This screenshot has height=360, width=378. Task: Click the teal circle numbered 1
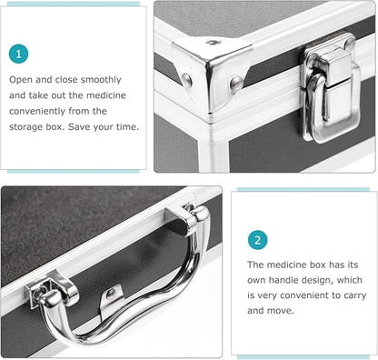(x=20, y=55)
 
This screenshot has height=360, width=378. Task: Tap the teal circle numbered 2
(x=258, y=240)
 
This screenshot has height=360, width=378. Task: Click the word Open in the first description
(x=22, y=79)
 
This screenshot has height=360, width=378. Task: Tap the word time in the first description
(x=124, y=126)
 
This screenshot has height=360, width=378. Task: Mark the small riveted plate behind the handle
(x=112, y=295)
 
